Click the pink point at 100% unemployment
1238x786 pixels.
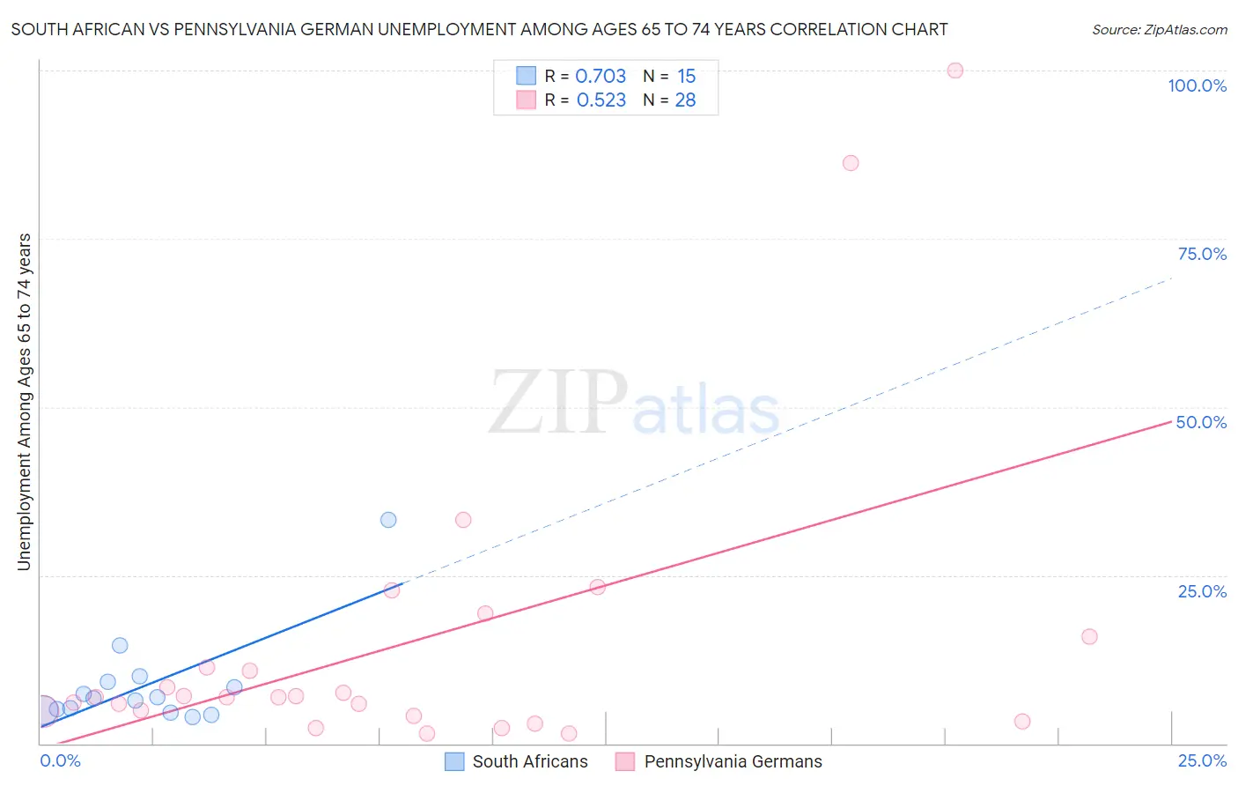954,70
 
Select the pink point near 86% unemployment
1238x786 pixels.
850,163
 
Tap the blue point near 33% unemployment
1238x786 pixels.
388,520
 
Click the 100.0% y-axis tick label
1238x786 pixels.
1197,85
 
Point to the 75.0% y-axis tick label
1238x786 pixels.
1202,254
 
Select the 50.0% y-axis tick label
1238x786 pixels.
1201,422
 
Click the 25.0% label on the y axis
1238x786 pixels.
1202,591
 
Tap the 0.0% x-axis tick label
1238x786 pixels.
61,760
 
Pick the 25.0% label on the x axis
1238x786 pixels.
1202,760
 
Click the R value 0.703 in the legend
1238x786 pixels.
601,77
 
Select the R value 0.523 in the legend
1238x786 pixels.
601,100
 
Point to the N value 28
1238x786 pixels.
685,100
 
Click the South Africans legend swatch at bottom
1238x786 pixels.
454,761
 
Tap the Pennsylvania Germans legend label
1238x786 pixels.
733,761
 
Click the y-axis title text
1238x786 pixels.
24,401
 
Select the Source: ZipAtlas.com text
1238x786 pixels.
1159,30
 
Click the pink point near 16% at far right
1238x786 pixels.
1089,636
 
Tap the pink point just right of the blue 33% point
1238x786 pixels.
463,520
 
